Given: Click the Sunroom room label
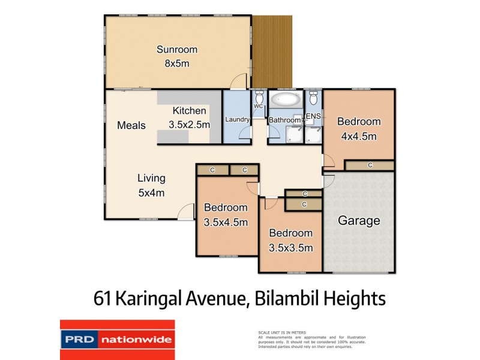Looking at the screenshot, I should pos(177,50).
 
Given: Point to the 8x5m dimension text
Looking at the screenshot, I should pos(177,64).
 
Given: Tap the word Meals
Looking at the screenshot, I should pos(131,125).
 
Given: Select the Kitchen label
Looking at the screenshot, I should pos(190,111).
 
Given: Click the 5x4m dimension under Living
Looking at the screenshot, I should pos(151,193).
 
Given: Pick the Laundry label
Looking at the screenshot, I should pos(237,119).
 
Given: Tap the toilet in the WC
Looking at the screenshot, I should pos(259,98).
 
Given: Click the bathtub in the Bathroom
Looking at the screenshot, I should pos(285,100).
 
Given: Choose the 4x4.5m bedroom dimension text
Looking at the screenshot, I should pos(359,136).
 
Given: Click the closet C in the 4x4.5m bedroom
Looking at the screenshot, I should pos(370,165).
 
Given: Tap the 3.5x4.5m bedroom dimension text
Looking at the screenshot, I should pos(226,222).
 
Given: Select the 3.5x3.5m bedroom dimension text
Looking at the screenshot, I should pos(290,247).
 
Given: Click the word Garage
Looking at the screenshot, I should pos(359,221).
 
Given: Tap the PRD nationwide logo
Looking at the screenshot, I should pos(116,340).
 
